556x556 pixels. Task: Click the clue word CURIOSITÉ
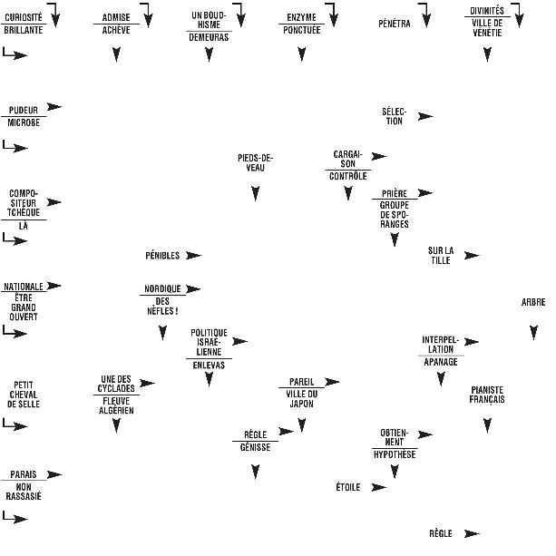(x=24, y=17)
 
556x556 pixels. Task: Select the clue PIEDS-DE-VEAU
(x=255, y=163)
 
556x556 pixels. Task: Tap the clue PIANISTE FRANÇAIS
(x=487, y=395)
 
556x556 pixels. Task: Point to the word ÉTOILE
(x=348, y=487)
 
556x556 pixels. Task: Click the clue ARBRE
(x=533, y=303)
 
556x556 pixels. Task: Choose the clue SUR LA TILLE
(x=441, y=256)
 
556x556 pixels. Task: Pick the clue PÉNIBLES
(x=162, y=256)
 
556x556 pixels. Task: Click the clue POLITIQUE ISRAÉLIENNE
(x=209, y=342)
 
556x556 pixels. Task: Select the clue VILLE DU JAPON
(x=301, y=398)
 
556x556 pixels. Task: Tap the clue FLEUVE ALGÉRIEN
(x=116, y=405)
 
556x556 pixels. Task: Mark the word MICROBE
(x=24, y=122)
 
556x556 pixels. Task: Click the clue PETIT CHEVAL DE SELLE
(x=24, y=394)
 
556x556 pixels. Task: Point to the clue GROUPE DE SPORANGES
(x=395, y=215)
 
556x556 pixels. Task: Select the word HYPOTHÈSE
(x=395, y=454)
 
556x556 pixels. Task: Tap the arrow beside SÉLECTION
(x=424, y=116)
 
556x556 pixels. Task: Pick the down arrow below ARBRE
(x=533, y=333)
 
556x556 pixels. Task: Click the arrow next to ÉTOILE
(x=378, y=487)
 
